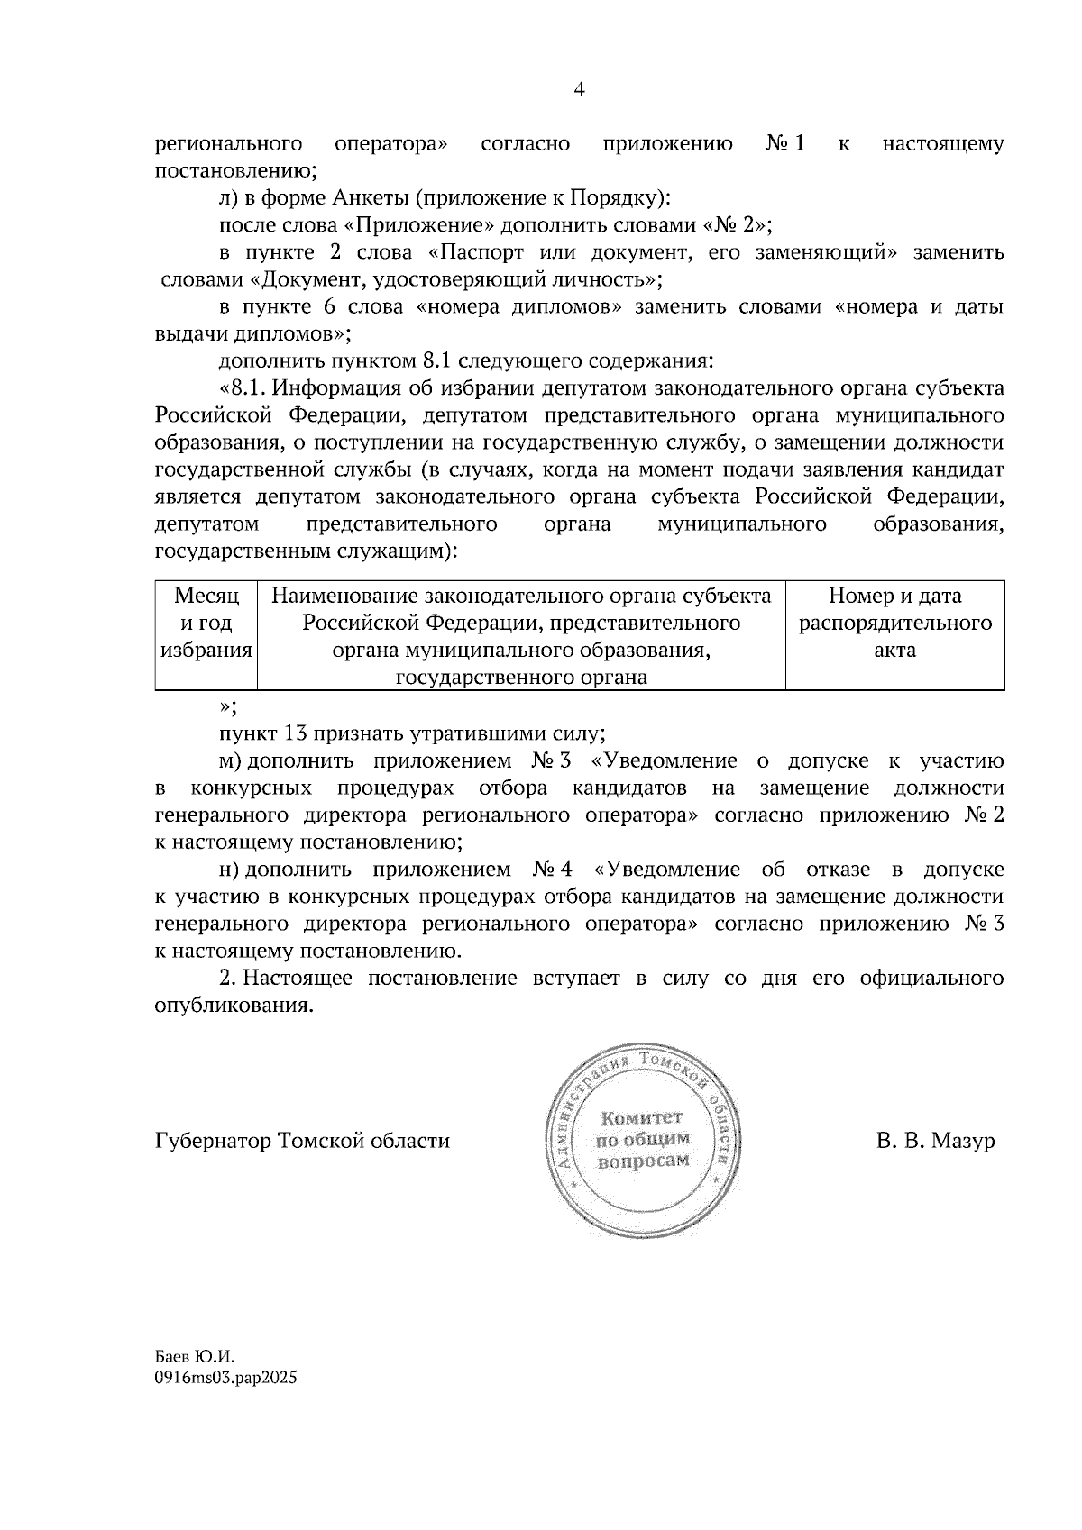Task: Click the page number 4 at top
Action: pos(579,88)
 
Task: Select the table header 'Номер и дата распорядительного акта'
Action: pos(894,624)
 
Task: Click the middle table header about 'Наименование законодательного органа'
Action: pos(521,636)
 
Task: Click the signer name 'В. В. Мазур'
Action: pos(935,1141)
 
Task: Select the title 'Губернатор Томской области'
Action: pos(302,1141)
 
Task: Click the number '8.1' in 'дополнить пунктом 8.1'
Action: pos(438,361)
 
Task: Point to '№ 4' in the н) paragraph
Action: pos(554,870)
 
